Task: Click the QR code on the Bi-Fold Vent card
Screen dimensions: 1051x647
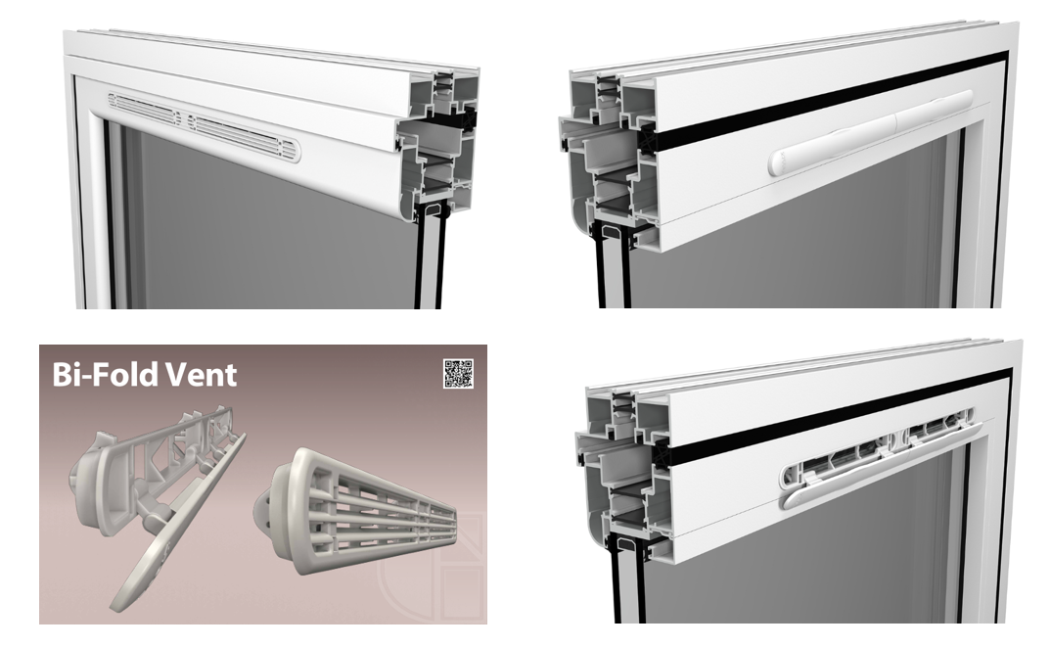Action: [x=459, y=374]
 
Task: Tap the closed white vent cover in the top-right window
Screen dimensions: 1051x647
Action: [x=870, y=133]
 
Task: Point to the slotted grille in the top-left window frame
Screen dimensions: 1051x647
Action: [x=205, y=126]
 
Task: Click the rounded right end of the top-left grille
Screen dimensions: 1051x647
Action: [x=293, y=151]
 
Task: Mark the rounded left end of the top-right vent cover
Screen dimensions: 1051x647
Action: [x=779, y=162]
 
